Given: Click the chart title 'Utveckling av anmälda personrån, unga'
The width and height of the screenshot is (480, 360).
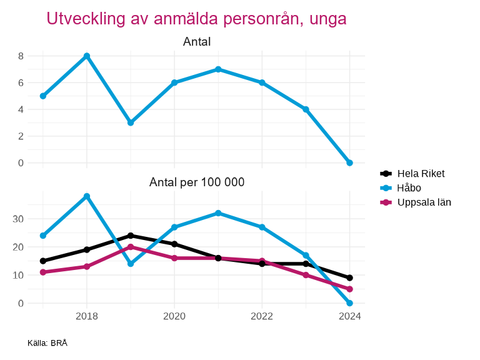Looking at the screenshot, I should click(196, 19).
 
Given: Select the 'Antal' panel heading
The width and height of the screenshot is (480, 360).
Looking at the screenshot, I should click(196, 42).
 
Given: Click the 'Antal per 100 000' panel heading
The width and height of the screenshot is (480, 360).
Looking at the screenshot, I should click(196, 182).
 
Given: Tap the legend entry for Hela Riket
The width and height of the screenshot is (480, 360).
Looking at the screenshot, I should click(421, 174).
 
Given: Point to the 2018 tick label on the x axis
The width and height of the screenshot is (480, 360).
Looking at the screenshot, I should click(87, 316).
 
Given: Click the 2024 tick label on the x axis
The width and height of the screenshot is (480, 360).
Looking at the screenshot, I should click(350, 316).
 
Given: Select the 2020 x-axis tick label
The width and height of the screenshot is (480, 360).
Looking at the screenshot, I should click(174, 316).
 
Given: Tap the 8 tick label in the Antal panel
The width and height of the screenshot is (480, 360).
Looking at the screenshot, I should click(21, 56).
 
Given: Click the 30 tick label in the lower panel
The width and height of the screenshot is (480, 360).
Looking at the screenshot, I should click(18, 219).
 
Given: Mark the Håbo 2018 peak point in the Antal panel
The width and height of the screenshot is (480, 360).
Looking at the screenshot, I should click(87, 56).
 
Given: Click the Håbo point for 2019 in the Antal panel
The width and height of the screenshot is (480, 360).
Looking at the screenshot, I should click(131, 122).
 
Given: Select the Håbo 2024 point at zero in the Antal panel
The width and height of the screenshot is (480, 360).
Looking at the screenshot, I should click(350, 162).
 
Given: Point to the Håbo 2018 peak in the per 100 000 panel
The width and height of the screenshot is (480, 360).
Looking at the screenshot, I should click(87, 196).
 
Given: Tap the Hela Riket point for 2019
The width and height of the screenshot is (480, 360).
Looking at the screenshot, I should click(131, 236).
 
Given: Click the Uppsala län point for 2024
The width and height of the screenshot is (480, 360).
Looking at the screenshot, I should click(350, 289).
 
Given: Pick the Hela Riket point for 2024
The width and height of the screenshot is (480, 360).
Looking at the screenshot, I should click(350, 278).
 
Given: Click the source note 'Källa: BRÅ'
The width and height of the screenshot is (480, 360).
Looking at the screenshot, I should click(47, 343).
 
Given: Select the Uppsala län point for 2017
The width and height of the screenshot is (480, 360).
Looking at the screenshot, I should click(43, 272).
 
